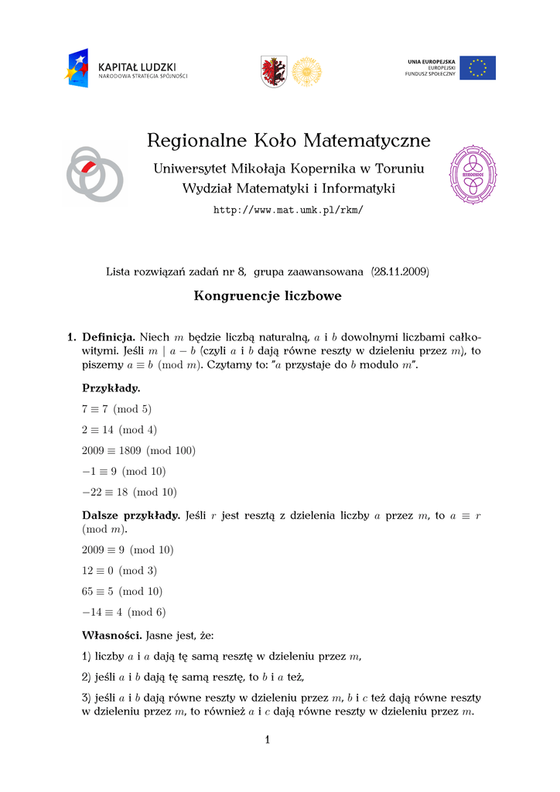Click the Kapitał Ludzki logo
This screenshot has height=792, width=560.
click(x=126, y=68)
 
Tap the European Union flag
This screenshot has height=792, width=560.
click(x=477, y=68)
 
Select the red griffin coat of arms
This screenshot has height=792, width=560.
click(x=274, y=71)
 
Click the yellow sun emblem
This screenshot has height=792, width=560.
click(x=306, y=71)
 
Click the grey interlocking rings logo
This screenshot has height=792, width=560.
click(x=94, y=173)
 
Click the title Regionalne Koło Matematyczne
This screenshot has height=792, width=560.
click(x=288, y=141)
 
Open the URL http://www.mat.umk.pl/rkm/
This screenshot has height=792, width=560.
click(x=288, y=210)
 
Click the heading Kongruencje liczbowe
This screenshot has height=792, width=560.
click(x=268, y=296)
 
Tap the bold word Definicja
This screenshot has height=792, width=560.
click(x=109, y=336)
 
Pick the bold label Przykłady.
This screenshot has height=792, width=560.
click(x=111, y=388)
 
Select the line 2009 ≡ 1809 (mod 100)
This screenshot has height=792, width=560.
click(x=138, y=450)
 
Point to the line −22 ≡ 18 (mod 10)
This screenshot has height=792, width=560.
click(x=129, y=491)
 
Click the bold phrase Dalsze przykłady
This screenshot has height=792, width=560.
click(x=131, y=515)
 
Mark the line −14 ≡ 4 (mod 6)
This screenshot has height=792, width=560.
click(x=124, y=612)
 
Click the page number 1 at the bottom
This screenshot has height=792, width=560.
click(x=267, y=740)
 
